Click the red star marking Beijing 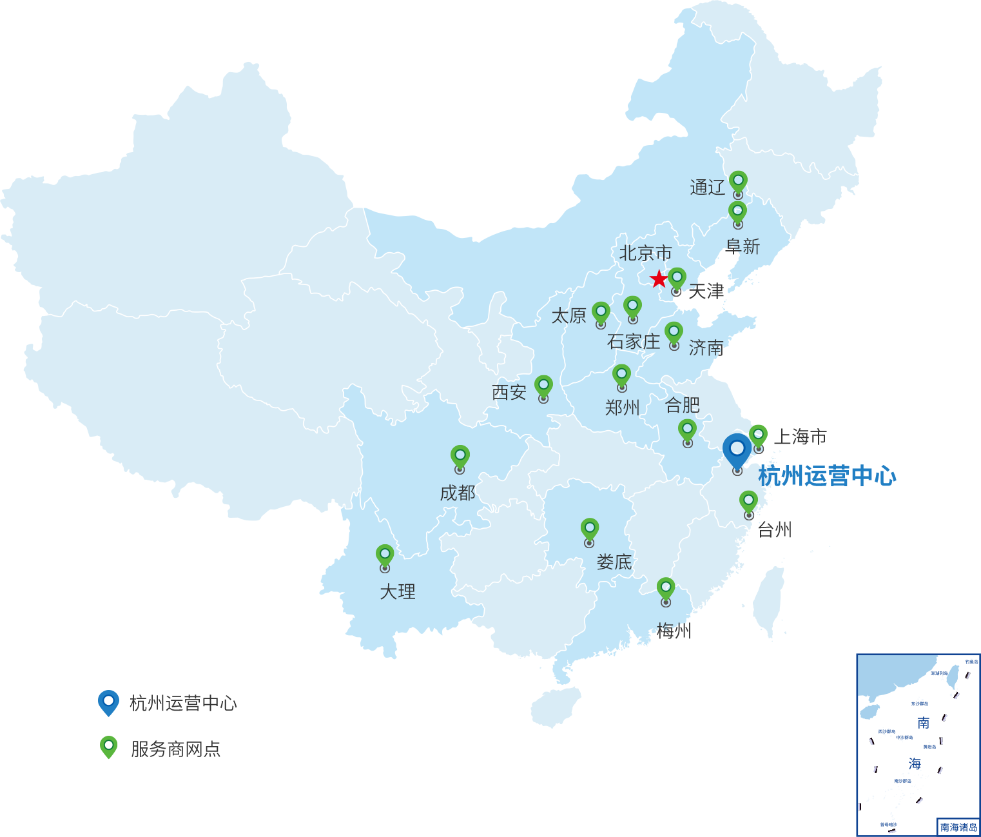(658, 279)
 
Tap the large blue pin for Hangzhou (737, 450)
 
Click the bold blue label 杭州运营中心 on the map (827, 476)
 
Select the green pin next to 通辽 (738, 182)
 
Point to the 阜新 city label (743, 246)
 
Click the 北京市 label (645, 253)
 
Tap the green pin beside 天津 (677, 279)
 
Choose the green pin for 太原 (601, 313)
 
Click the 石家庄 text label (634, 341)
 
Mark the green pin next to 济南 (674, 333)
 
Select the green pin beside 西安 (543, 386)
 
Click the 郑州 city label (621, 407)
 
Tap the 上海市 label (800, 437)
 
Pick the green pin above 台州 (748, 502)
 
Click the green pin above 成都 (460, 457)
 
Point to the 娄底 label (614, 562)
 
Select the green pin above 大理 (385, 555)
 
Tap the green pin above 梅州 (666, 589)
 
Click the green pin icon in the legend (109, 747)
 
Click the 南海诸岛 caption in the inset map (958, 827)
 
